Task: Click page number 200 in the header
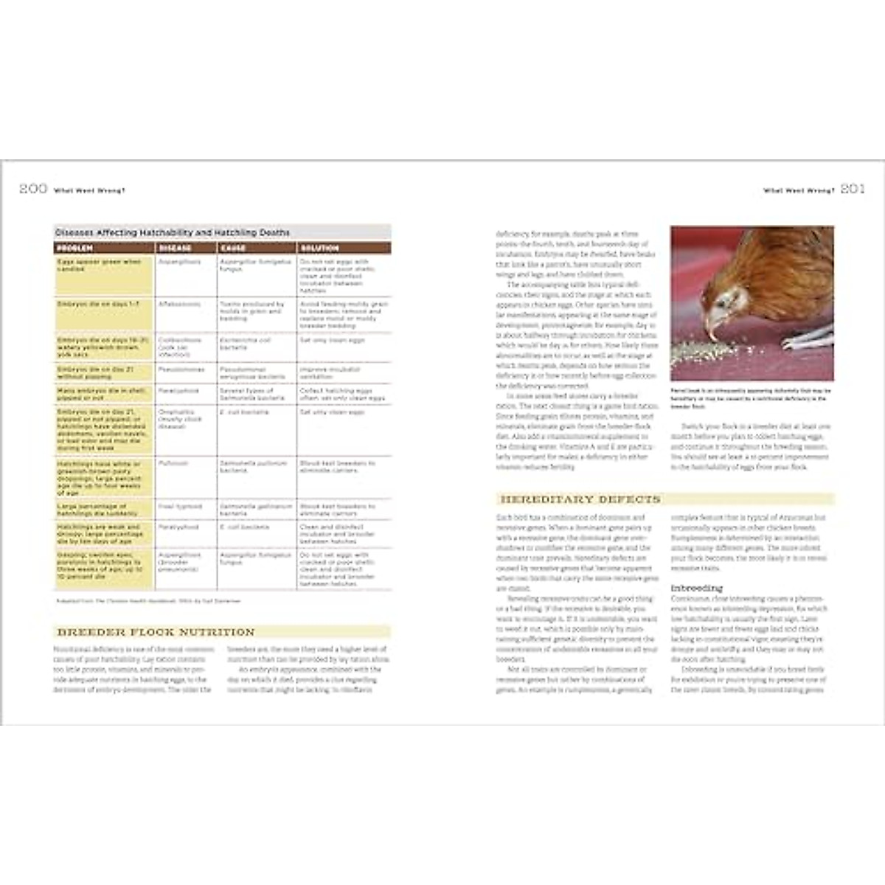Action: tap(33, 190)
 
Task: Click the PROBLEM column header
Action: tap(74, 248)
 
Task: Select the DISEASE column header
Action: tap(175, 248)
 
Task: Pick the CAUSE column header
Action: tap(233, 248)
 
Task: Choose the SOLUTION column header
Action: tap(320, 248)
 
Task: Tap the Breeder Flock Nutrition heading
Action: tap(156, 632)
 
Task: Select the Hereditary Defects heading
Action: tap(580, 499)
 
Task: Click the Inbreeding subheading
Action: tap(695, 589)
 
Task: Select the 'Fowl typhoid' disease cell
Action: tap(178, 507)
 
